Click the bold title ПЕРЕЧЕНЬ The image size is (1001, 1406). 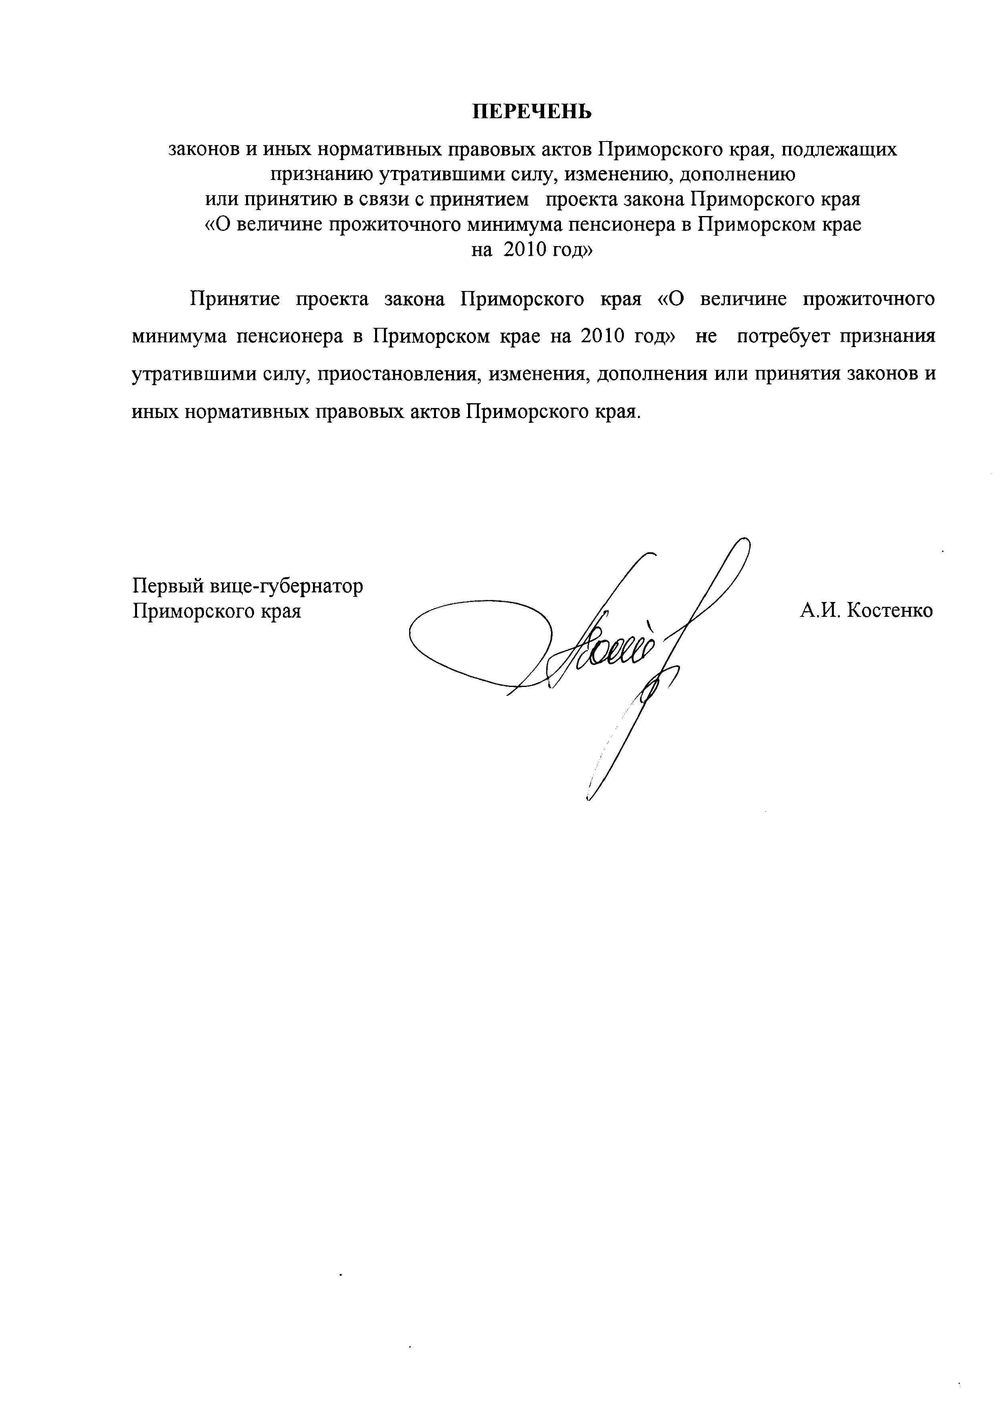coord(531,111)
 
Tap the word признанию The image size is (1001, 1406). coord(321,175)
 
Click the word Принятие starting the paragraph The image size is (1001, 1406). coord(234,299)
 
